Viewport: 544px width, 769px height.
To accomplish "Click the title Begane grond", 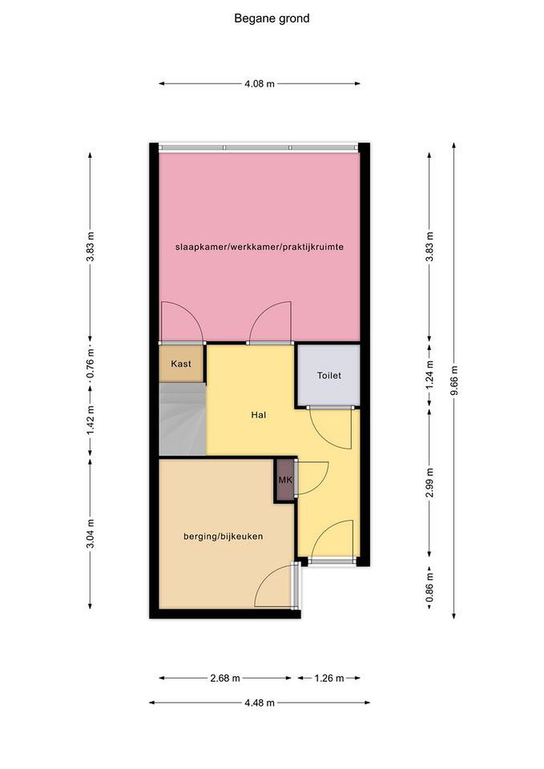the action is (x=272, y=18).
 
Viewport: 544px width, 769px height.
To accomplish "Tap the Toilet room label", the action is (x=329, y=375).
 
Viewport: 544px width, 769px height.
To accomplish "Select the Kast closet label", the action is (x=181, y=363).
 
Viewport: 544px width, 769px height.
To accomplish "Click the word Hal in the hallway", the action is (x=259, y=415).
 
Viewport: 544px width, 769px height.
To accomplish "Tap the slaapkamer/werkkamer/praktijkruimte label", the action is (x=260, y=247).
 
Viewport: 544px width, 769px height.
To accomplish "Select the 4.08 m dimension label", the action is (x=260, y=84).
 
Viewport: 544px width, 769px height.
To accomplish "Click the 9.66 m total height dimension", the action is (x=454, y=380).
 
